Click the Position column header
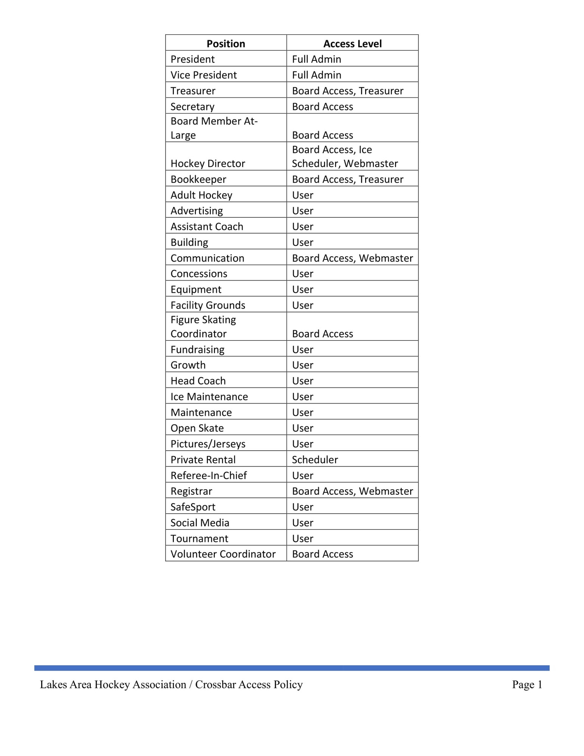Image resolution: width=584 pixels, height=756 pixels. pyautogui.click(x=226, y=44)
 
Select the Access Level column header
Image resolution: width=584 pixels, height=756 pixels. pyautogui.click(x=352, y=44)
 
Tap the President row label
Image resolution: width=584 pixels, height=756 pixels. pyautogui.click(x=192, y=59)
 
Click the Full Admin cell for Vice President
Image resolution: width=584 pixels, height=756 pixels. pyautogui.click(x=316, y=75)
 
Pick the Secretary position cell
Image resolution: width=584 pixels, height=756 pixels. pyautogui.click(x=192, y=107)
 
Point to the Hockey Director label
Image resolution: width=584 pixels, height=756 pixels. pyautogui.click(x=208, y=164)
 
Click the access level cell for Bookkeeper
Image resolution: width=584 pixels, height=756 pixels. pyautogui.click(x=347, y=180)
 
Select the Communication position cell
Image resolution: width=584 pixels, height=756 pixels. pyautogui.click(x=207, y=259)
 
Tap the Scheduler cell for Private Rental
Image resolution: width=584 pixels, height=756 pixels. pyautogui.click(x=315, y=460)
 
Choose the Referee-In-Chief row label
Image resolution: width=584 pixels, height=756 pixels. pyautogui.click(x=208, y=476)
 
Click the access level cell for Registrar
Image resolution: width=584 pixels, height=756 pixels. pyautogui.click(x=352, y=491)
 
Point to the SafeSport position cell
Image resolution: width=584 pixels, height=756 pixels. pyautogui.click(x=193, y=507)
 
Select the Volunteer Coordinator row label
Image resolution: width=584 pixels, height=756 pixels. pyautogui.click(x=223, y=554)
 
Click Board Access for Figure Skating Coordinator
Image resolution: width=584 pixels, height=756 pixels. pyautogui.click(x=322, y=334)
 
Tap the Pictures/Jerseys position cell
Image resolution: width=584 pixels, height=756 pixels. pyautogui.click(x=208, y=444)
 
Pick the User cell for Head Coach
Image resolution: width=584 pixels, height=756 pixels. pyautogui.click(x=302, y=381)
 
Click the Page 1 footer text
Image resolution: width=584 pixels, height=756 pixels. pyautogui.click(x=527, y=685)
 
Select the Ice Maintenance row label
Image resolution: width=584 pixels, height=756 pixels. pyautogui.click(x=209, y=397)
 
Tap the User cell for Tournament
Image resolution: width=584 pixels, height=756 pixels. pyautogui.click(x=302, y=539)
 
